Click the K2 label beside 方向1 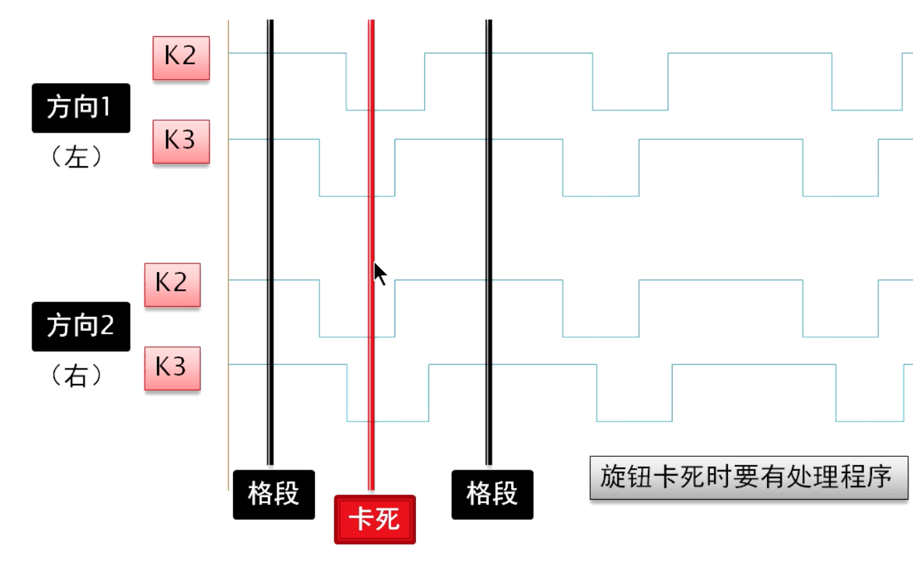181,58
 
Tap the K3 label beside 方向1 181,141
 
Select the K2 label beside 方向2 172,285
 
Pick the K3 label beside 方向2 172,368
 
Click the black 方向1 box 80,108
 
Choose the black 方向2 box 80,326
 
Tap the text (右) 77,376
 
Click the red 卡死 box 374,519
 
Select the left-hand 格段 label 273,494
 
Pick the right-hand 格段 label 492,494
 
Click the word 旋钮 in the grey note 628,478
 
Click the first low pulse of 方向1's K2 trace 385,109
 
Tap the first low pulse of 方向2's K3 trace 388,421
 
